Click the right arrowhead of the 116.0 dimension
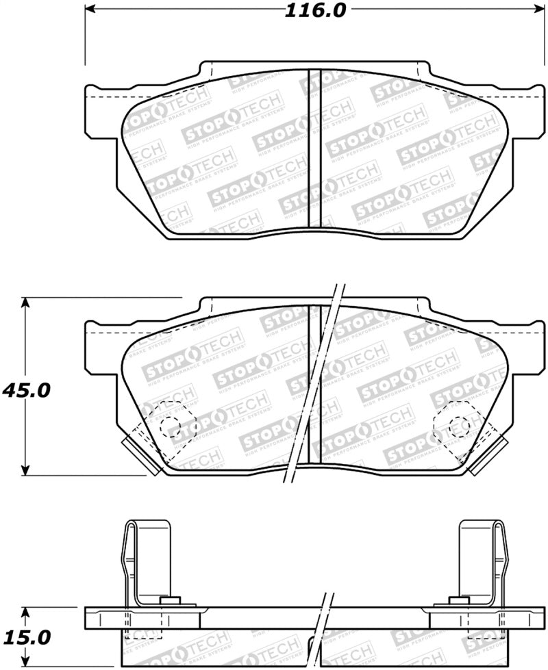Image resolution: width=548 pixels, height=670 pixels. pyautogui.click(x=531, y=10)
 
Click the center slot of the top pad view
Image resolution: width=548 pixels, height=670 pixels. pyautogui.click(x=314, y=149)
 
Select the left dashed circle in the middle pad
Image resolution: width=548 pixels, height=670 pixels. pyautogui.click(x=171, y=426)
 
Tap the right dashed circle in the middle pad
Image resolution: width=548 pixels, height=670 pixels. pyautogui.click(x=457, y=426)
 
